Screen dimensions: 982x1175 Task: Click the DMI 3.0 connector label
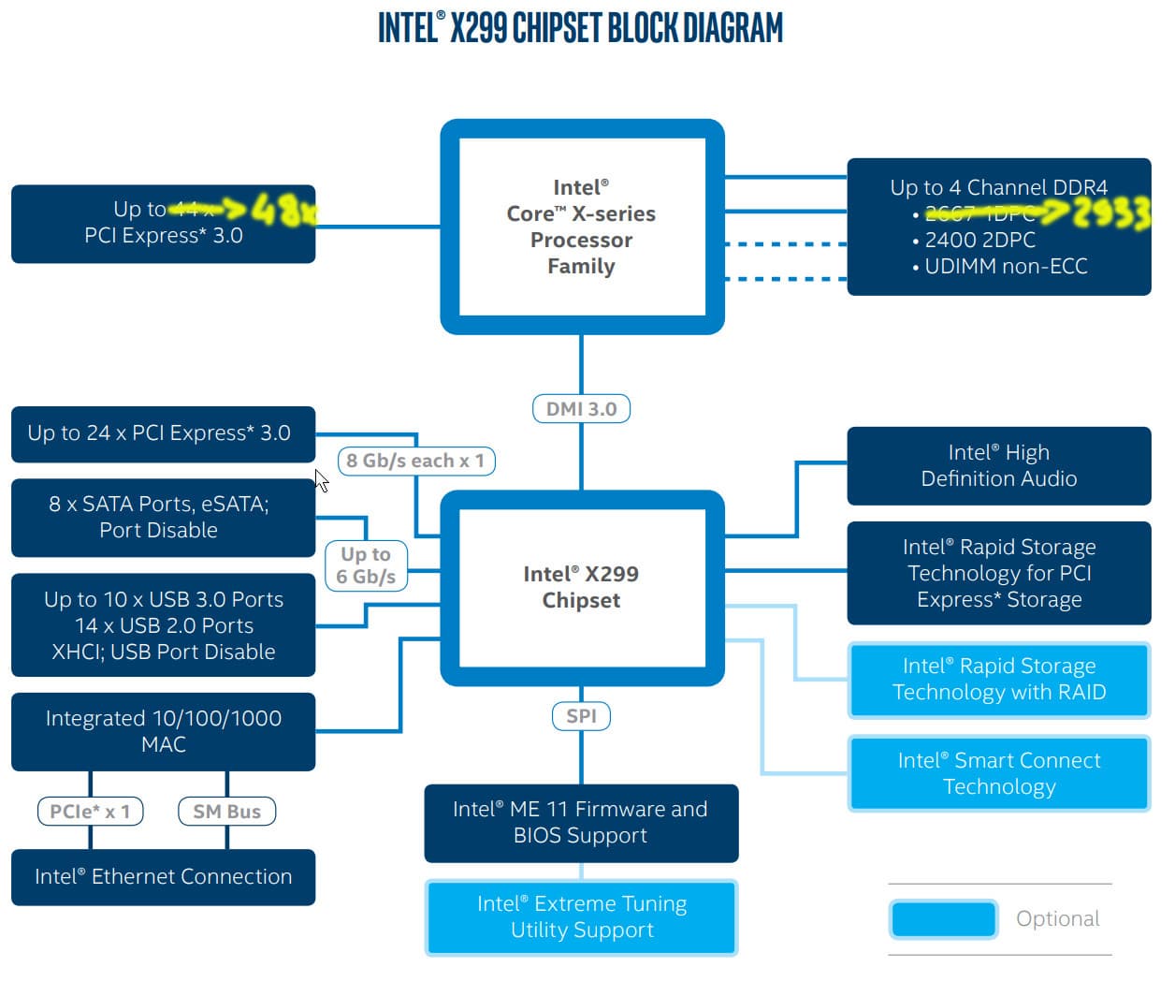coord(581,409)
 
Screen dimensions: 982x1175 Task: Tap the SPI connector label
coord(581,716)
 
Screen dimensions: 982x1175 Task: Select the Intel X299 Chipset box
coord(581,587)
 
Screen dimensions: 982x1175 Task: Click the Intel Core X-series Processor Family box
coord(581,227)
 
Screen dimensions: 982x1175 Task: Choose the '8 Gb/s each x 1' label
coord(415,461)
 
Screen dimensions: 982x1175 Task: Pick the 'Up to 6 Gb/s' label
coord(366,565)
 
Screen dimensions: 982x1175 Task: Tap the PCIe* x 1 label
coord(90,812)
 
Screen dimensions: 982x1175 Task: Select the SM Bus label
coord(226,812)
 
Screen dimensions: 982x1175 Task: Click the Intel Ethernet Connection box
coord(163,877)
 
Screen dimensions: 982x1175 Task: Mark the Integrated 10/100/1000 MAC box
coord(163,731)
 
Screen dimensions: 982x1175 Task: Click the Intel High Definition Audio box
coord(998,465)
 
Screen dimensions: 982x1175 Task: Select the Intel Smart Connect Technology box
coord(998,773)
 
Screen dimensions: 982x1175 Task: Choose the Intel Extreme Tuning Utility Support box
coord(581,917)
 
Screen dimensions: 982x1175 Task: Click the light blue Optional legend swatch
coord(943,918)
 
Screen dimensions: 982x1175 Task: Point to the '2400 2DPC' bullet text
coord(979,240)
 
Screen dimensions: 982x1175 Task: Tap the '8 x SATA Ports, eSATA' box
coord(163,517)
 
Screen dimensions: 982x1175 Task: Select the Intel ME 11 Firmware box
coord(581,822)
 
